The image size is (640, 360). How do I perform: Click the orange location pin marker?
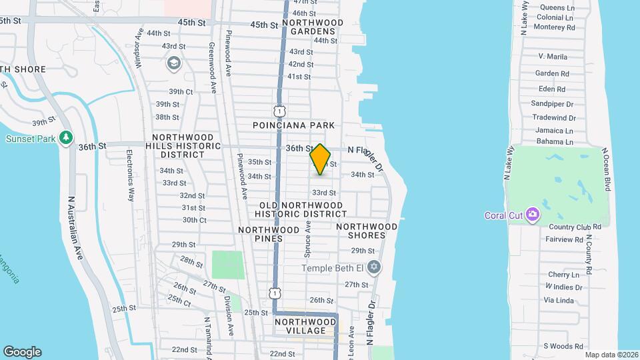pyautogui.click(x=320, y=159)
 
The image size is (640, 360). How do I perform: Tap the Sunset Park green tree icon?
pyautogui.click(x=65, y=137)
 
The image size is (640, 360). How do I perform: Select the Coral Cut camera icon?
pyautogui.click(x=532, y=214)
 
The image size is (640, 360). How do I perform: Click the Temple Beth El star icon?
pyautogui.click(x=374, y=267)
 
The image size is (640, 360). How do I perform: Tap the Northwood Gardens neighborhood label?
pyautogui.click(x=312, y=27)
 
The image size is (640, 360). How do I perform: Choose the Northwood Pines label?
pyautogui.click(x=269, y=234)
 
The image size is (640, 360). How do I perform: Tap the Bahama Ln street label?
pyautogui.click(x=555, y=142)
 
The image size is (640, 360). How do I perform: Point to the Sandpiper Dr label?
pyautogui.click(x=552, y=104)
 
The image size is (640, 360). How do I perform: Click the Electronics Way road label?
pyautogui.click(x=131, y=175)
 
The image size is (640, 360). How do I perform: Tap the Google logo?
pyautogui.click(x=22, y=352)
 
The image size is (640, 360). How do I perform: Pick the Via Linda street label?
pyautogui.click(x=559, y=301)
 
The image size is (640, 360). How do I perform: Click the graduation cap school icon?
pyautogui.click(x=174, y=63)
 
